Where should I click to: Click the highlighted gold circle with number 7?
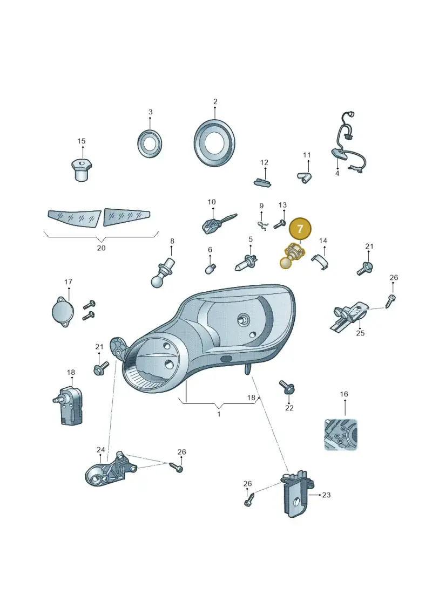click(300, 229)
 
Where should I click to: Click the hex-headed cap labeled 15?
click(82, 170)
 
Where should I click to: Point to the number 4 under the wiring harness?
click(337, 174)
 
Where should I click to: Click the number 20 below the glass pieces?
click(101, 248)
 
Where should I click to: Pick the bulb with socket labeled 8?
click(162, 272)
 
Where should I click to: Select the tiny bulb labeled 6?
click(211, 269)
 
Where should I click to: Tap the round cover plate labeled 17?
click(62, 312)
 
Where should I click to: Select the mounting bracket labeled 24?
click(110, 469)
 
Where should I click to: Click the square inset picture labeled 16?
click(341, 434)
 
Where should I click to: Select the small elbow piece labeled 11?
click(304, 178)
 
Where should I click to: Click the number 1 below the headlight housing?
click(219, 414)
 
